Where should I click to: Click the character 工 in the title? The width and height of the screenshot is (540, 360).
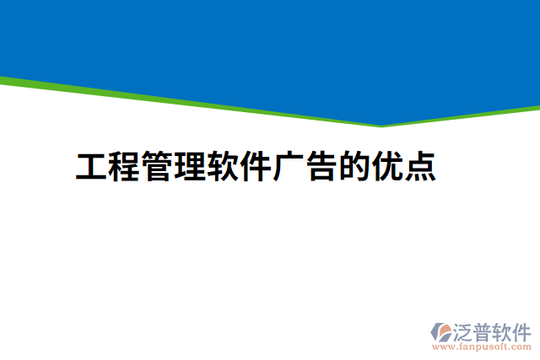(92, 167)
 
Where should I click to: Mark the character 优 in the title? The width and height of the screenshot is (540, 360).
(388, 167)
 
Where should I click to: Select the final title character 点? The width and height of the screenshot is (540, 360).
(420, 167)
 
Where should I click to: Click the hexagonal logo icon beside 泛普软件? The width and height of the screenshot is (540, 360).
(441, 331)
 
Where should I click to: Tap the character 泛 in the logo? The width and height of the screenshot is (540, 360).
(464, 330)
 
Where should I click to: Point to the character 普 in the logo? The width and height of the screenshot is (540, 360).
(484, 330)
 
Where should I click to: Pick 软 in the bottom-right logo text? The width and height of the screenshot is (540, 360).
(504, 330)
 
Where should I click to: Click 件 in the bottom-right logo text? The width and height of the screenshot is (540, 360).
(522, 330)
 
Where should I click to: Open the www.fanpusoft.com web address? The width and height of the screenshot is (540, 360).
(482, 346)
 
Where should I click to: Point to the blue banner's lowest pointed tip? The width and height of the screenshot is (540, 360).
(381, 123)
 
